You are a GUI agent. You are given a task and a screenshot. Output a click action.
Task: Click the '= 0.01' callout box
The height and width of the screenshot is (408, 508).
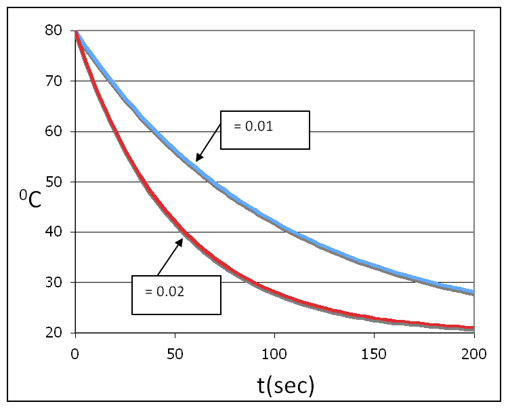266,129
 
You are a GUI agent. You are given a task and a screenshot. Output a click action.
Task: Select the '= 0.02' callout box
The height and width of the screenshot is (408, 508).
176,295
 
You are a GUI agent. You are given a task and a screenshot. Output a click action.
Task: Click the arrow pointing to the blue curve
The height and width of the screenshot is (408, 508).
208,142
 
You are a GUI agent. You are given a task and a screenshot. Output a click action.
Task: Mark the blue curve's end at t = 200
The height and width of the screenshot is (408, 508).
473,292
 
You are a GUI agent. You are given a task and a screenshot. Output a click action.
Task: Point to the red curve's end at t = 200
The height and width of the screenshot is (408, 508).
473,328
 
